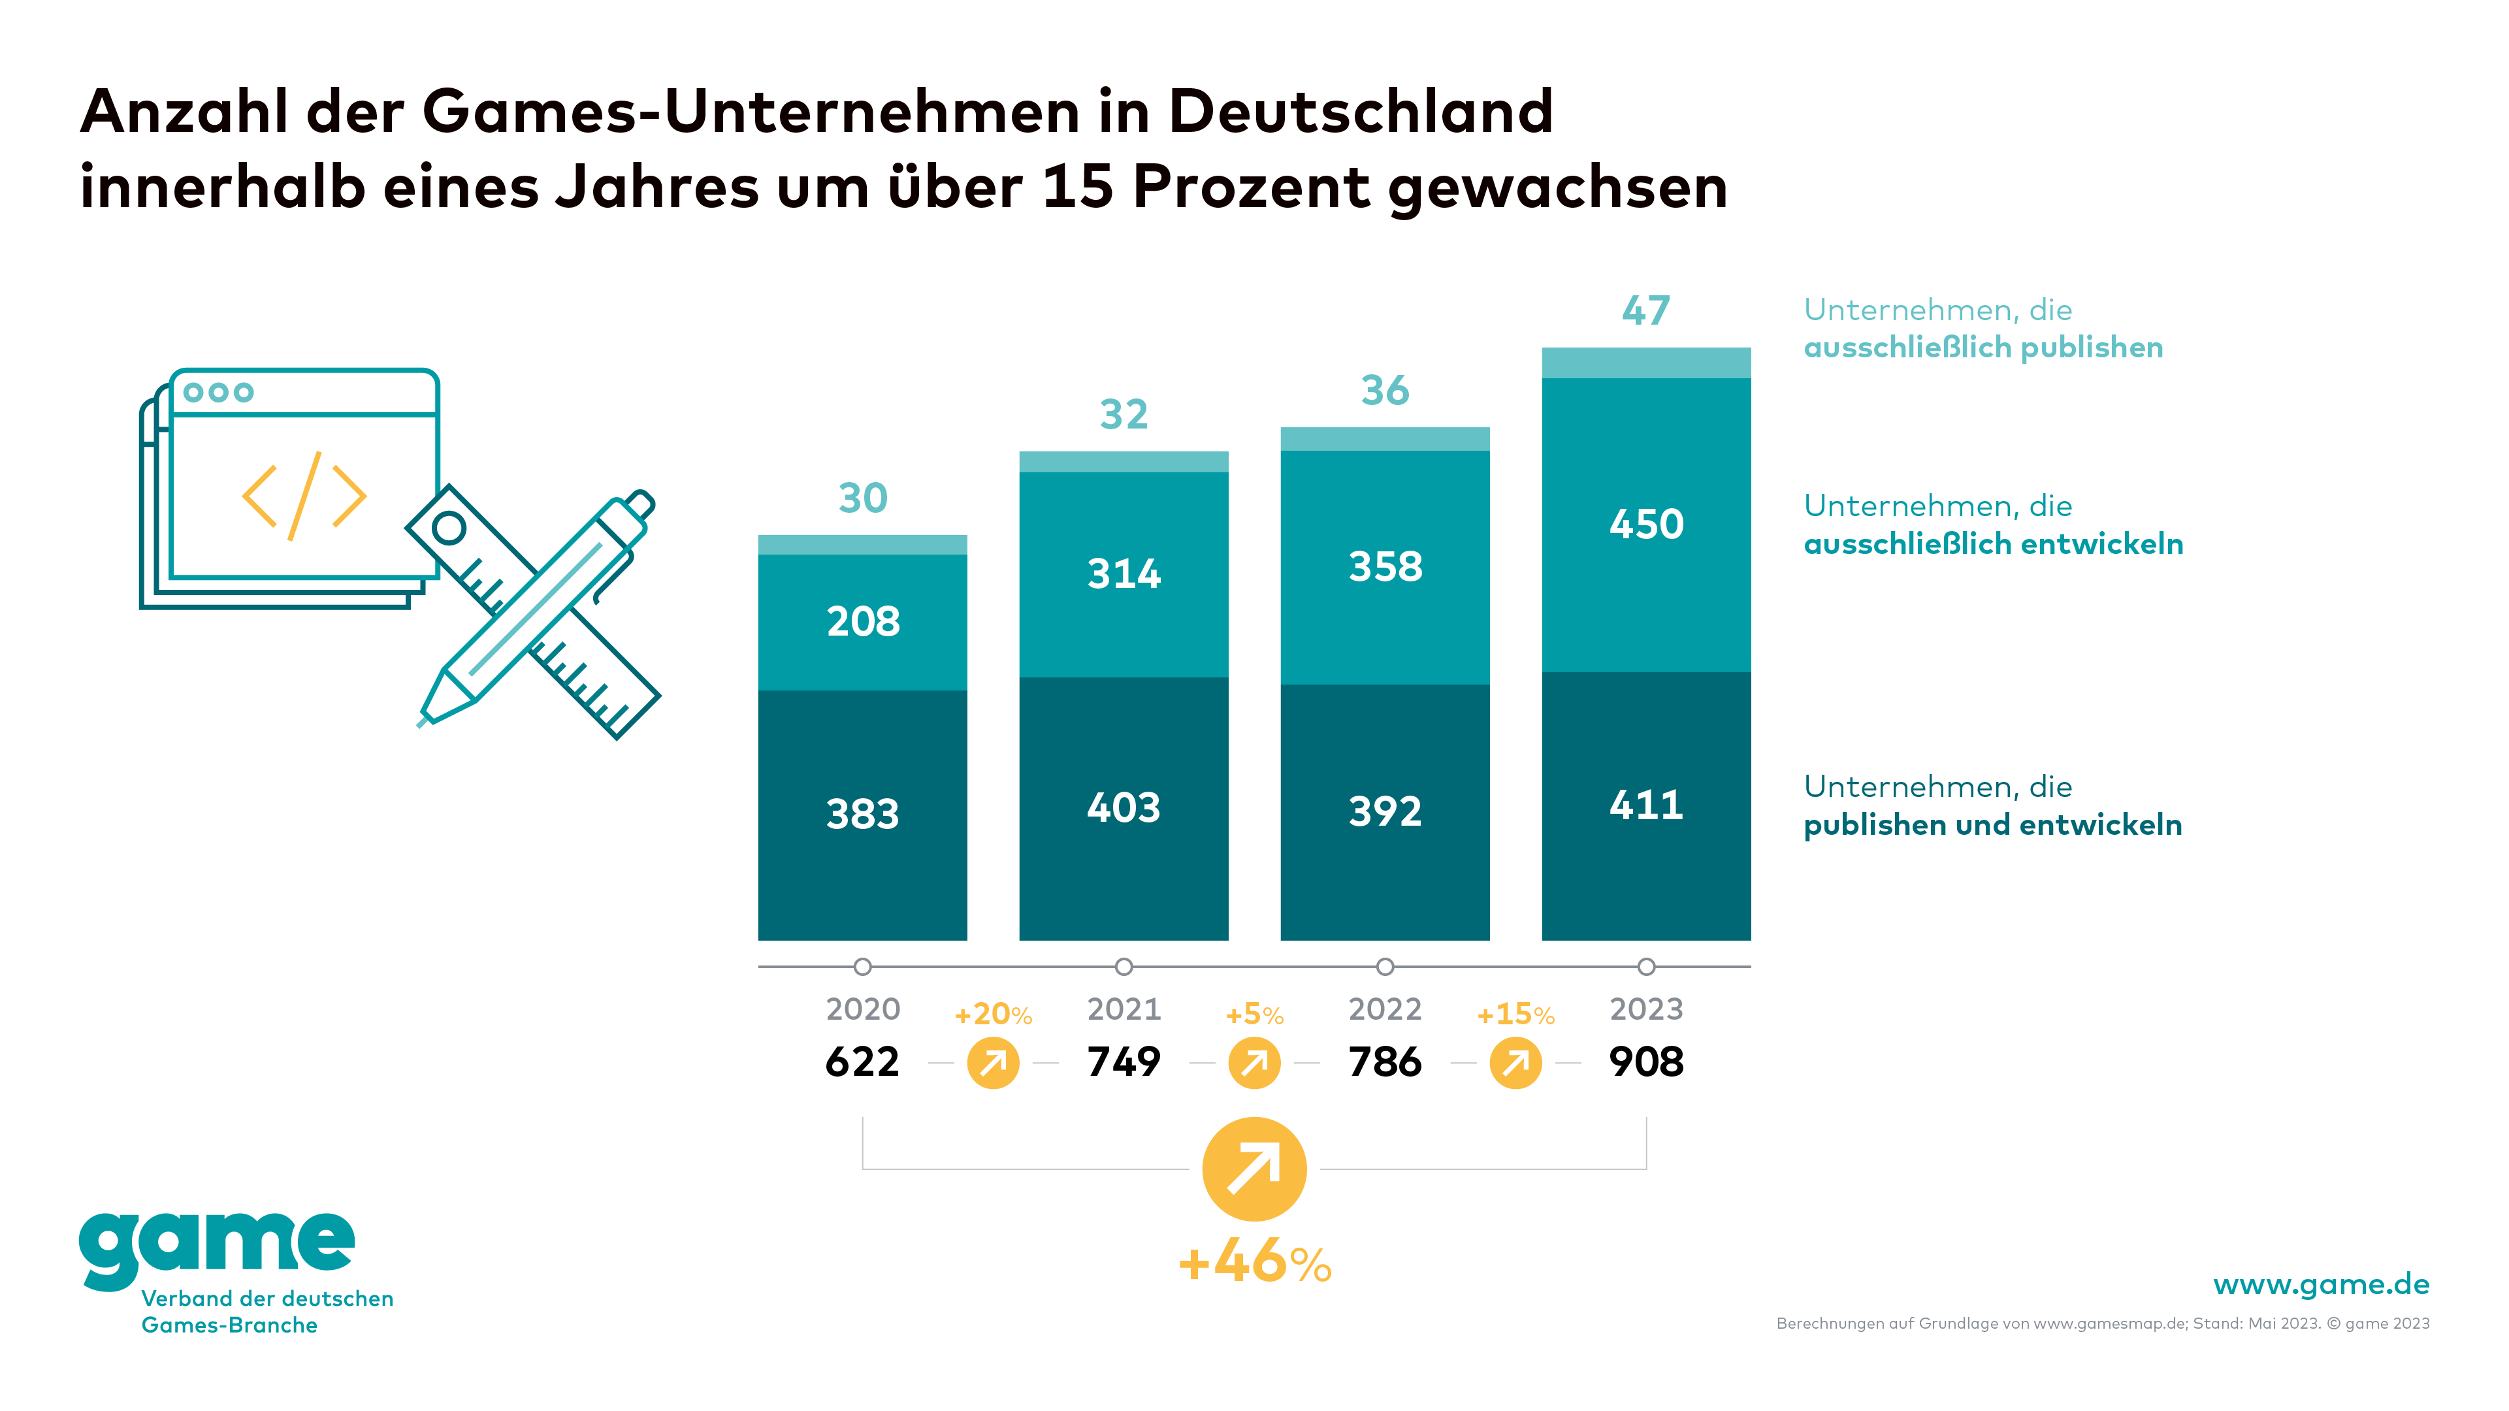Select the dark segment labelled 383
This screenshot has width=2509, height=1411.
(x=862, y=814)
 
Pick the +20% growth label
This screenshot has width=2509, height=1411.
(x=992, y=1014)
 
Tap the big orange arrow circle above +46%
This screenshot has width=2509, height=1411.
(x=1254, y=1169)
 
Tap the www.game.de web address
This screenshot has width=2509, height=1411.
(x=2320, y=1284)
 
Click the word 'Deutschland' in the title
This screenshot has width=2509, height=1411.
(x=1360, y=111)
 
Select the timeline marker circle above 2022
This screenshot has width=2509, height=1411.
(x=1384, y=967)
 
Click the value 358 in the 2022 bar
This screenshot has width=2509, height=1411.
(x=1384, y=567)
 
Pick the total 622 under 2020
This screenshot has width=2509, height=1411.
(x=862, y=1062)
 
